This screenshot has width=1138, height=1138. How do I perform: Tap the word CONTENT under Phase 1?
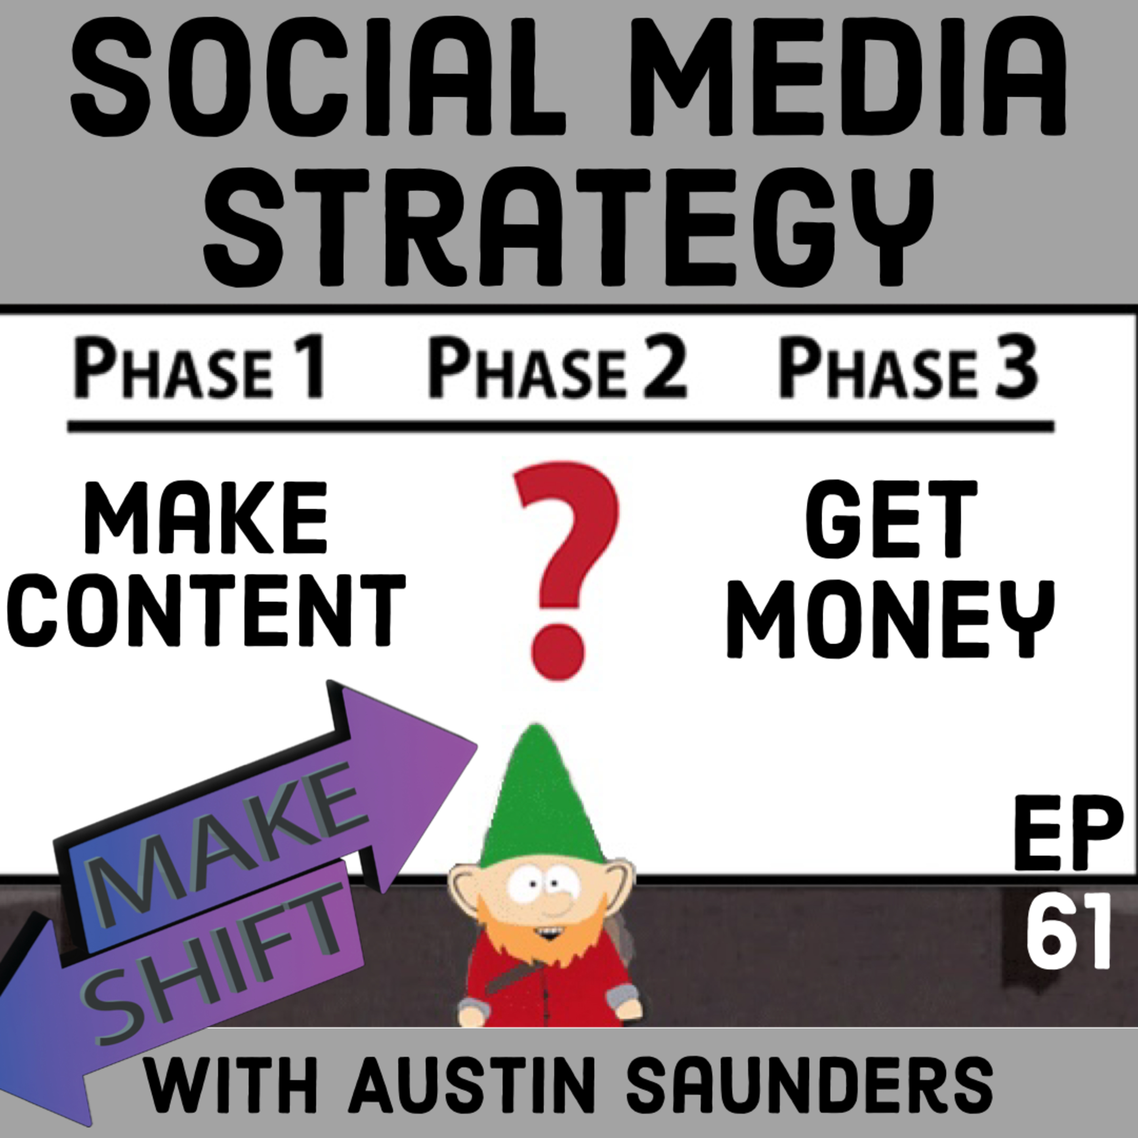pyautogui.click(x=206, y=610)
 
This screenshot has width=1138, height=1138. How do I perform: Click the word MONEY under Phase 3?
pyautogui.click(x=891, y=618)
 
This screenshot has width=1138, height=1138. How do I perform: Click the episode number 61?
pyautogui.click(x=1068, y=932)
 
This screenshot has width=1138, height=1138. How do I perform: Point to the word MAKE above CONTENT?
pyautogui.click(x=206, y=518)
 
